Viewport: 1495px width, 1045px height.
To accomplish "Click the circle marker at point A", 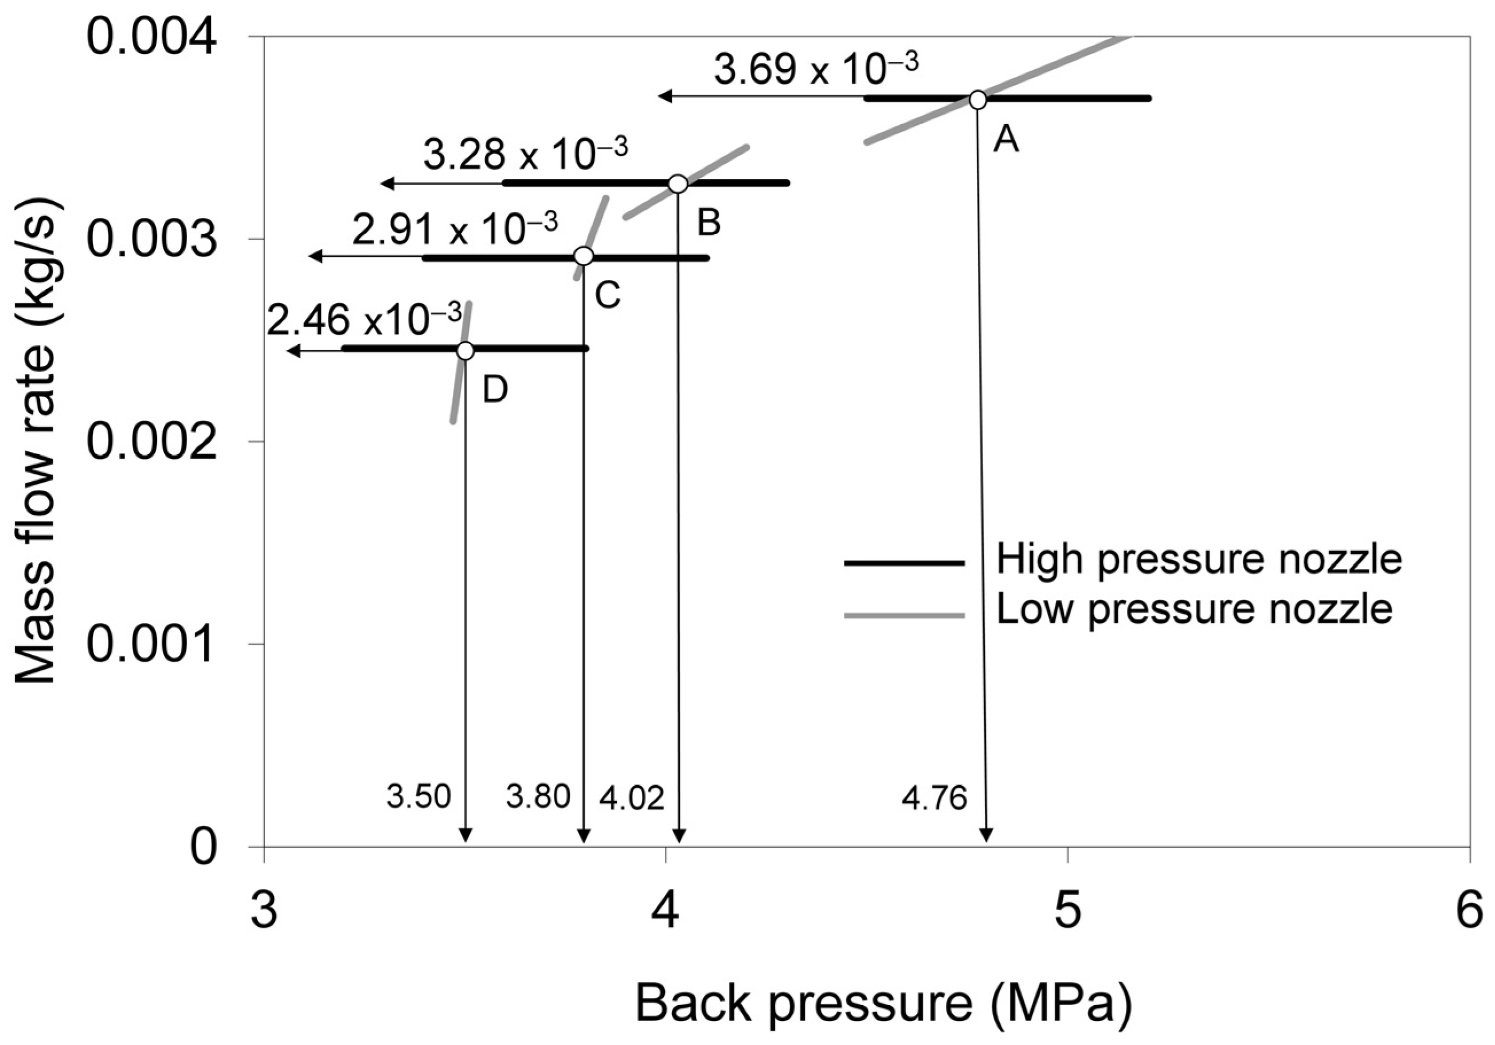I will tap(977, 100).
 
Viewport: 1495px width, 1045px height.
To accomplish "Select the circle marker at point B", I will tap(678, 184).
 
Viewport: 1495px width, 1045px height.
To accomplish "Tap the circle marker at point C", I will tap(584, 256).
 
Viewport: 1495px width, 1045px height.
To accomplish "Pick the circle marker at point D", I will tap(465, 350).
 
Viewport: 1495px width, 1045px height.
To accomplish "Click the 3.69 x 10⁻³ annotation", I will tap(816, 71).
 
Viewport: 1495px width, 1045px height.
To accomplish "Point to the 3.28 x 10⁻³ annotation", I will tap(526, 155).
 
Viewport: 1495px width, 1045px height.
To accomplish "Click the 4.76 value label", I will tap(934, 798).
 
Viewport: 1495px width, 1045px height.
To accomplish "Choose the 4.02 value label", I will tap(631, 798).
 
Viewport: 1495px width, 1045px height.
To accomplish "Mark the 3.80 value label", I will tap(538, 797).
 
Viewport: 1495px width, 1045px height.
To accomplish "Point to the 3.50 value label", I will tap(418, 797).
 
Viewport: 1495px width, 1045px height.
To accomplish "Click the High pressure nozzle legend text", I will tap(1199, 560).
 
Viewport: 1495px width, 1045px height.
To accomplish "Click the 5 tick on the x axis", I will tap(1067, 911).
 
